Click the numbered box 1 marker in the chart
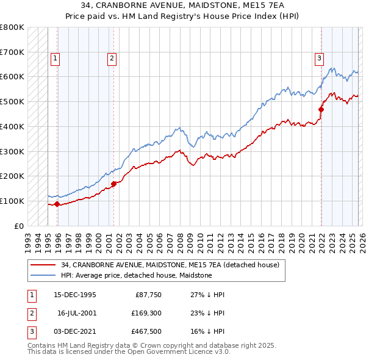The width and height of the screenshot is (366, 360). pos(55,59)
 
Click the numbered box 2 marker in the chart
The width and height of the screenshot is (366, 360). pos(112,59)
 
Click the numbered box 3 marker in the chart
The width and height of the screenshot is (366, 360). pos(319,59)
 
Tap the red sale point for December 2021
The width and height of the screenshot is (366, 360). pos(321,109)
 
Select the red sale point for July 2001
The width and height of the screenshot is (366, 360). pos(114,183)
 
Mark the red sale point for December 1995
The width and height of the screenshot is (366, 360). pos(57,204)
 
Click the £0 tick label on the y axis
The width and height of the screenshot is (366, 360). pos(20,226)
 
